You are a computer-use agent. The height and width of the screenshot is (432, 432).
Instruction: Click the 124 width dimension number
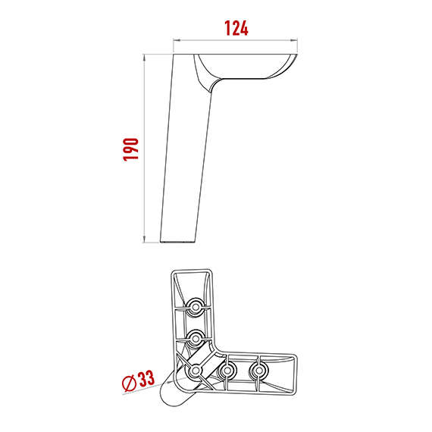click(236, 28)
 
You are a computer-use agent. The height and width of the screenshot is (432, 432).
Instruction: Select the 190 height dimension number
click(130, 149)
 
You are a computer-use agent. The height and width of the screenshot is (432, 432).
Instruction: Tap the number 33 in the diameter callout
click(146, 378)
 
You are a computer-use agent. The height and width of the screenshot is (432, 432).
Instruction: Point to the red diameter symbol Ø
click(129, 383)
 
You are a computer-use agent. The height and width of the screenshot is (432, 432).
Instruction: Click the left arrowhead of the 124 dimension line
click(177, 40)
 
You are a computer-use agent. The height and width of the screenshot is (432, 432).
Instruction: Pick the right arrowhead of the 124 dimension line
click(294, 40)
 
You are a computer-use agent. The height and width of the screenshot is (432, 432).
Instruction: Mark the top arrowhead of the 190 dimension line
click(144, 58)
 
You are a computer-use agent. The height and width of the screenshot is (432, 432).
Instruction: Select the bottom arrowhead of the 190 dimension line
click(144, 239)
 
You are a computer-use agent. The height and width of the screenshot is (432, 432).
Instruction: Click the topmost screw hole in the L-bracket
click(196, 306)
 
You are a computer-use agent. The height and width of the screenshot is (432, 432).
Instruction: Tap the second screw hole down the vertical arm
click(196, 338)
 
